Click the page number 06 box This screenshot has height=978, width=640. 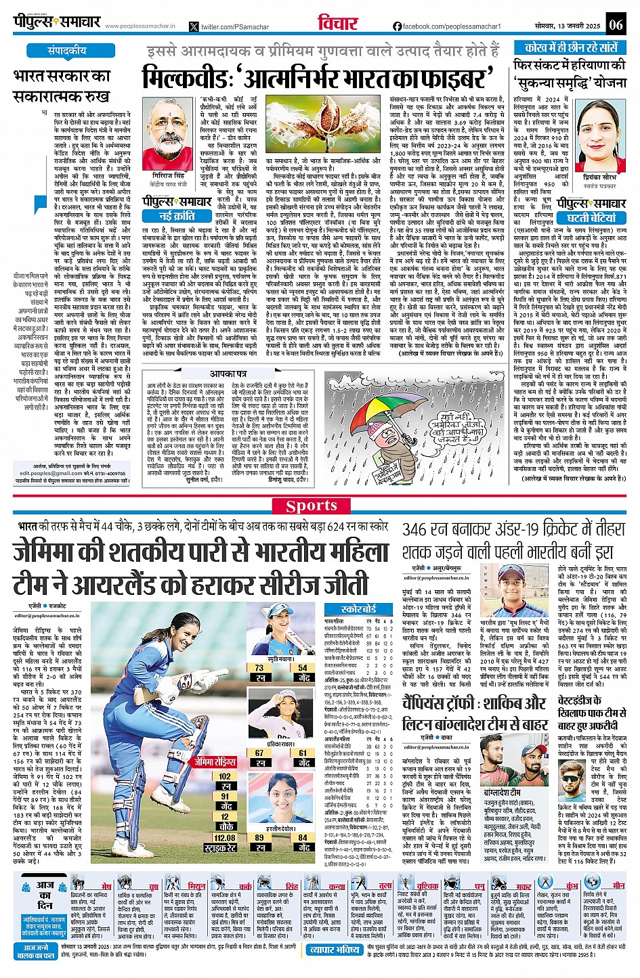(x=616, y=25)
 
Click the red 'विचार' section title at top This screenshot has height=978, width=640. (x=338, y=23)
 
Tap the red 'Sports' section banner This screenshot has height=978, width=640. (x=311, y=506)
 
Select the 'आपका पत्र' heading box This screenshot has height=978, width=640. (x=228, y=374)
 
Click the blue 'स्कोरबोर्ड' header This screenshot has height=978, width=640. (x=358, y=609)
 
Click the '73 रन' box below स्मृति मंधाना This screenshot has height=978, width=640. (x=259, y=671)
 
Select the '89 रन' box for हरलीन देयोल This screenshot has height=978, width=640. (x=259, y=842)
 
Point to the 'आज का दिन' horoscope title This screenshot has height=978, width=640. (x=45, y=895)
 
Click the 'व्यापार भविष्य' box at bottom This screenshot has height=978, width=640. (x=335, y=950)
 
